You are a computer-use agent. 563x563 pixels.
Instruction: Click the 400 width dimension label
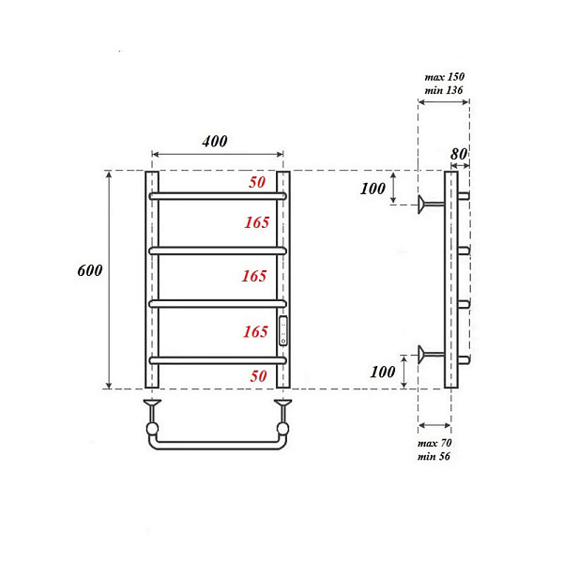(215, 142)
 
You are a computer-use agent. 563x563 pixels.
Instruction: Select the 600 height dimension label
(89, 270)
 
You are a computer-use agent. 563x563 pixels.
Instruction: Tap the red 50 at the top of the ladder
(257, 183)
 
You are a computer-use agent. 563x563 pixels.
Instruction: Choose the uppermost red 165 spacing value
(255, 222)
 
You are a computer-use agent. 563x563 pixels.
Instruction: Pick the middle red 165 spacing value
(255, 277)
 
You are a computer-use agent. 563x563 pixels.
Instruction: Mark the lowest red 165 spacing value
(255, 331)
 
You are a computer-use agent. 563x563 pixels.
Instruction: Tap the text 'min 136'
(442, 91)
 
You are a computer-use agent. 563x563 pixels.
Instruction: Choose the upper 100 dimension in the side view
(373, 189)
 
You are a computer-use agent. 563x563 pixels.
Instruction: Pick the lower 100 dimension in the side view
(383, 372)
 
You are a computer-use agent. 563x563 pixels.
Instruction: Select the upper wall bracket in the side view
(432, 204)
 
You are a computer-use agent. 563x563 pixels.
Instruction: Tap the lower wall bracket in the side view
(432, 354)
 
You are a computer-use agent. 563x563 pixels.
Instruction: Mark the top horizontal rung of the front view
(218, 196)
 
